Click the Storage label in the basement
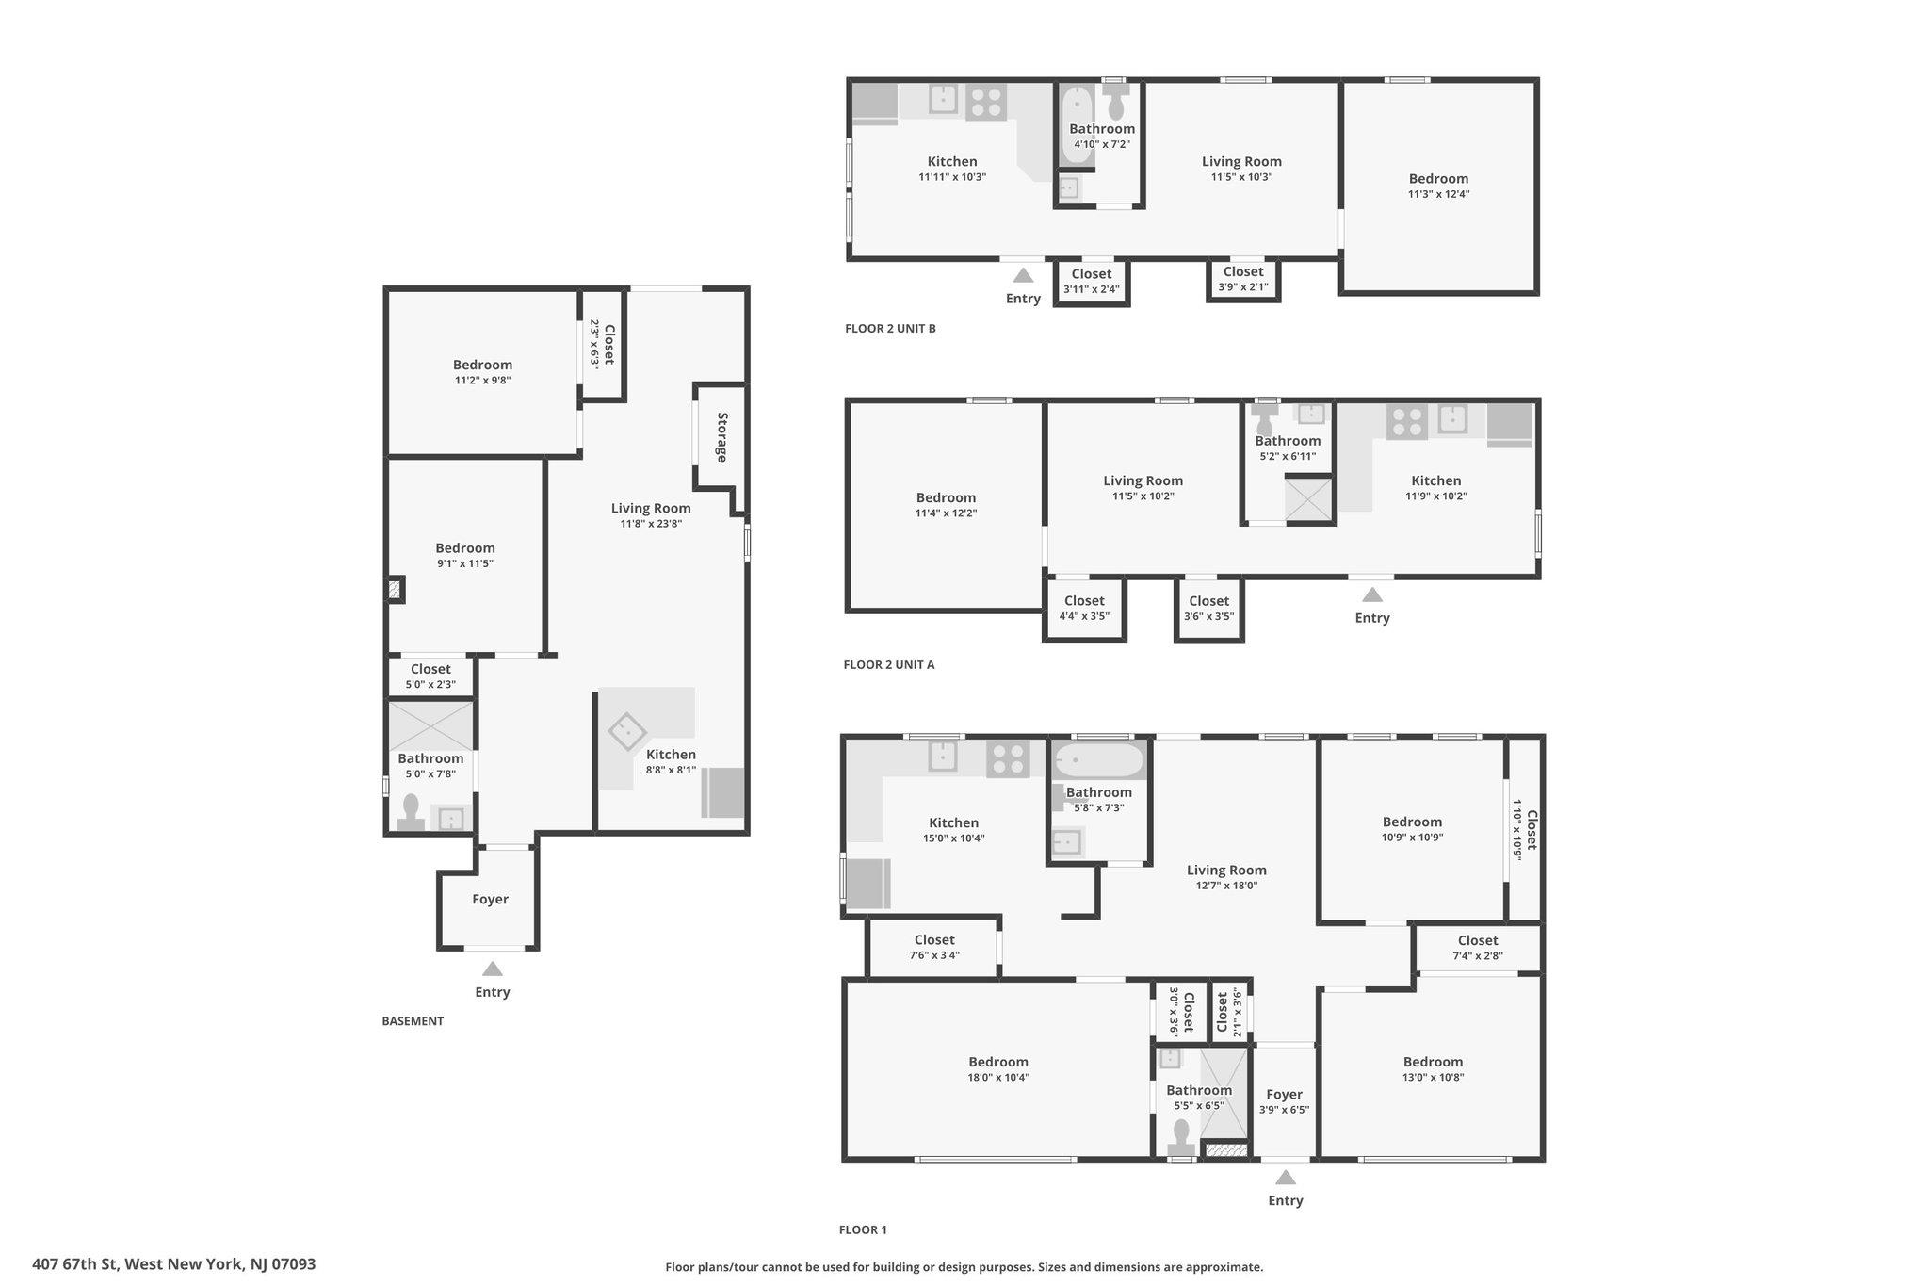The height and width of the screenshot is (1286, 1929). coord(722,437)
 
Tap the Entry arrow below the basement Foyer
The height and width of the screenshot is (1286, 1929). coord(492,969)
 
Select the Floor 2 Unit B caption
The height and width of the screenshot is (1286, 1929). coord(890,329)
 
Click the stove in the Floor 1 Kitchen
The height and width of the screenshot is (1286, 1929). coord(1008,759)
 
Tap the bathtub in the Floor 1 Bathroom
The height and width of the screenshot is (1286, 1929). coord(1099,760)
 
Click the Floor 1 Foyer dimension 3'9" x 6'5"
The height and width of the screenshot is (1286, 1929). coord(1284,1110)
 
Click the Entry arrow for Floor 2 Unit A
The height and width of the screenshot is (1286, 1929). coord(1372,594)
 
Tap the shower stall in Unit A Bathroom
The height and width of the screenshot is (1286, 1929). coord(1309,498)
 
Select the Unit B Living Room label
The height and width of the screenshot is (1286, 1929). coord(1241,161)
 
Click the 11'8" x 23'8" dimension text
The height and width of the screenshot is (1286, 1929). coord(651,524)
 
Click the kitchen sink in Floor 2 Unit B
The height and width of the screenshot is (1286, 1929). coord(944,98)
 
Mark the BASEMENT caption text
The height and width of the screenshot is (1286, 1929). coord(413,1021)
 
